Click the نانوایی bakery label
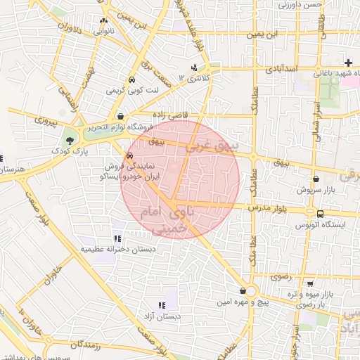pos(103,32)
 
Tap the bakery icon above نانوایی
pos(104,20)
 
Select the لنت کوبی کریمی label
pos(124,91)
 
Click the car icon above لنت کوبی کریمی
pos(131,79)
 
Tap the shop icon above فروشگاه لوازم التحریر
pos(122,117)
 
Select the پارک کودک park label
pos(69,151)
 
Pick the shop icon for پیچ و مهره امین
pos(243,290)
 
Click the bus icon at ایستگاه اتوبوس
pos(321,214)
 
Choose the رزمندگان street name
pos(86,346)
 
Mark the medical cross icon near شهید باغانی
pos(348,63)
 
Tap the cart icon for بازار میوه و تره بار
pos(309,284)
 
